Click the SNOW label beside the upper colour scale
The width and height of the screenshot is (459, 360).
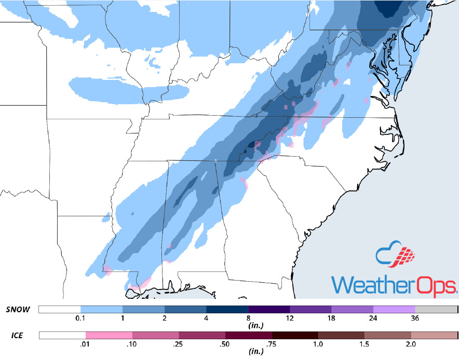[x=18, y=310]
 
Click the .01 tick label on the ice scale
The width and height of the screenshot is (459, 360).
[x=86, y=343]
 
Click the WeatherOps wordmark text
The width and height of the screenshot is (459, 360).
[x=394, y=285]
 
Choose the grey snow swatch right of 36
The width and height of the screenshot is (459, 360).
[x=436, y=310]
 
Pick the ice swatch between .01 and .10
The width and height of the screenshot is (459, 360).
[x=109, y=336]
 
